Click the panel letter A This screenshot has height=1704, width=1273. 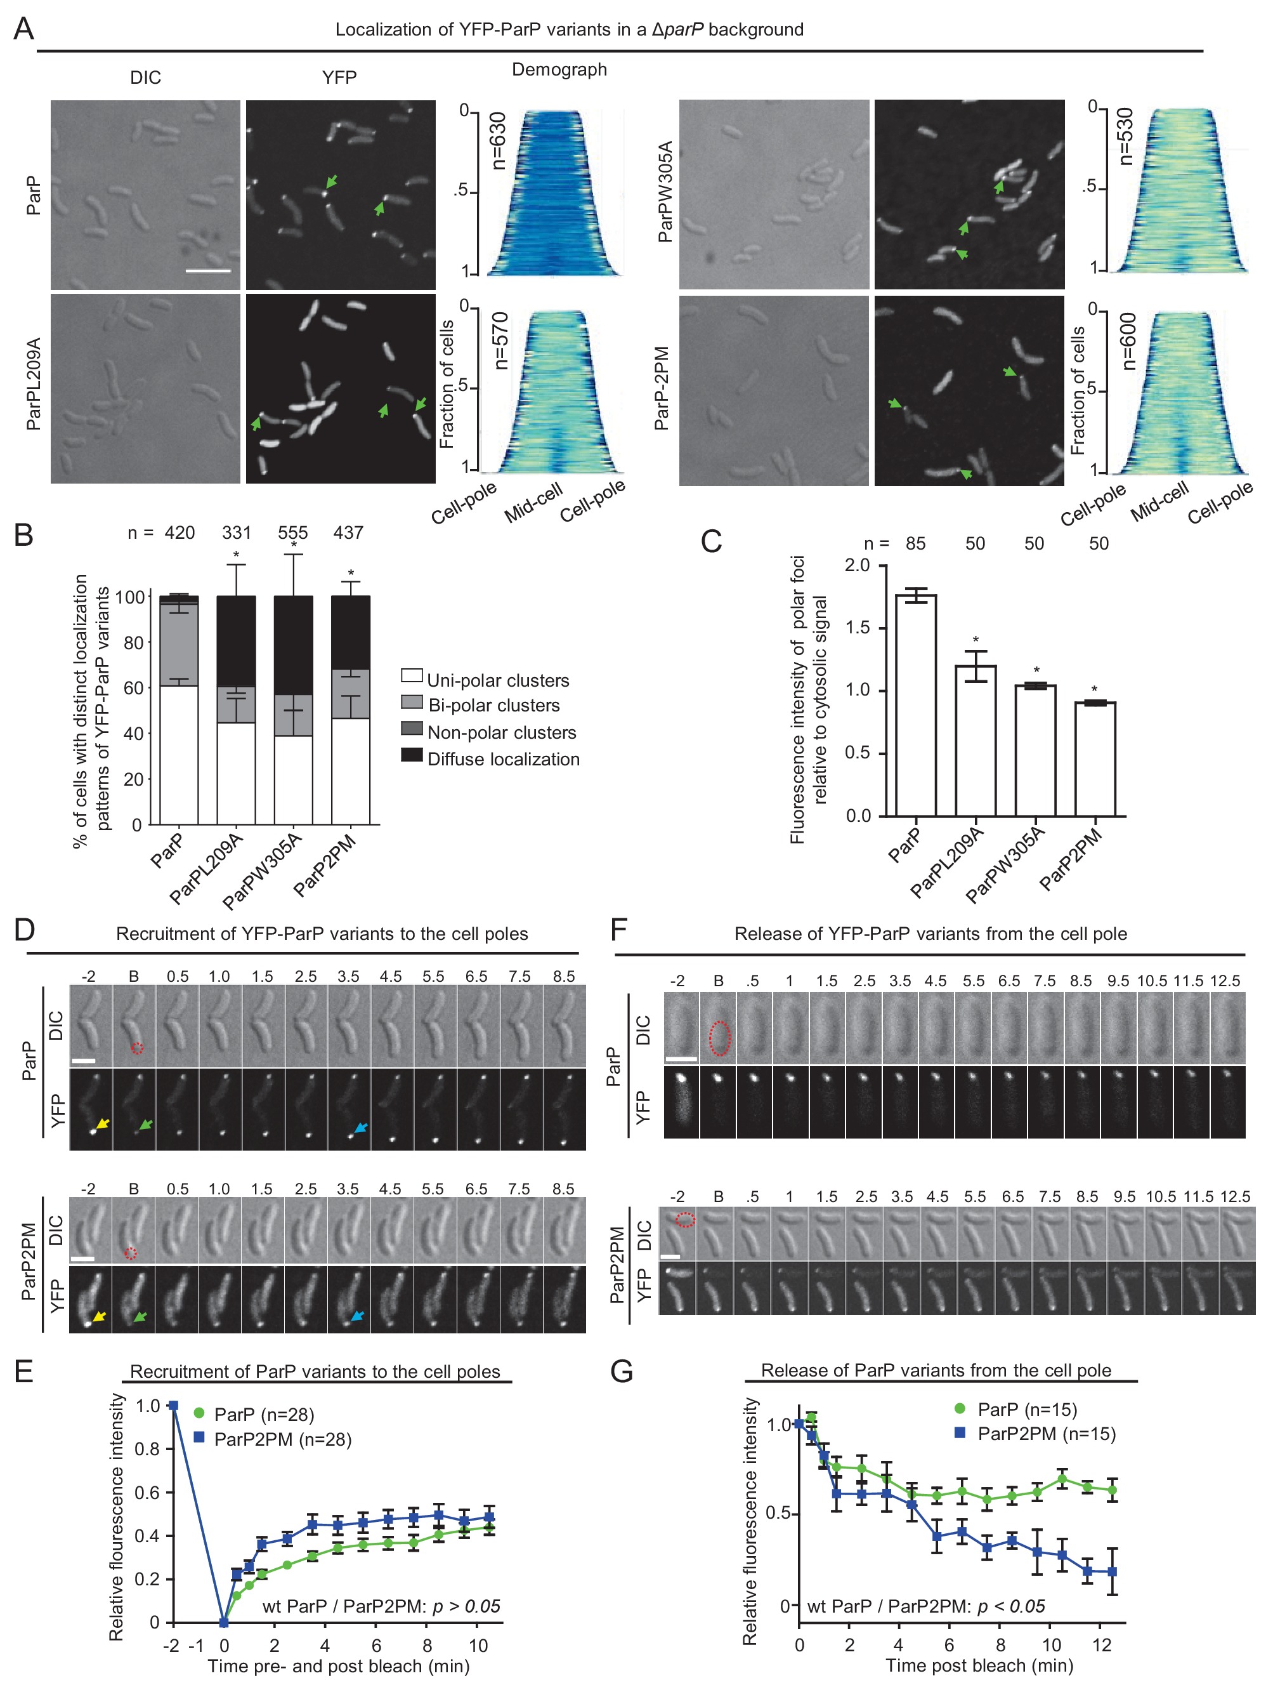(24, 30)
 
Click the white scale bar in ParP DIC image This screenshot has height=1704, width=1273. (208, 271)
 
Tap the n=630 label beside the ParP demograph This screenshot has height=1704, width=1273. (499, 140)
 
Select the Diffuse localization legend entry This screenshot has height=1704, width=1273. (502, 759)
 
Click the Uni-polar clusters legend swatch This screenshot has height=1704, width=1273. (411, 676)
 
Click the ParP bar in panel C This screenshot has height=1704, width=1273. (916, 705)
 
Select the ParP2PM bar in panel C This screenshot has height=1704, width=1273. (1094, 759)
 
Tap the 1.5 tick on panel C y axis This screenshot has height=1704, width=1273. (856, 628)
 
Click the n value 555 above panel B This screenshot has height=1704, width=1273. (292, 532)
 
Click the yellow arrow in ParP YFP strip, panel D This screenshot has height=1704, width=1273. (102, 1124)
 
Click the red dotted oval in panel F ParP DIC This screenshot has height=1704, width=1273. (719, 1038)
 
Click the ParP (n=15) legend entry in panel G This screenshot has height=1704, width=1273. (1026, 1409)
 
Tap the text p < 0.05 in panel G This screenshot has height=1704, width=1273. (1010, 1606)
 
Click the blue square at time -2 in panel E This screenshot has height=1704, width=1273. (173, 1406)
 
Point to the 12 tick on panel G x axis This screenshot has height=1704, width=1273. (1101, 1645)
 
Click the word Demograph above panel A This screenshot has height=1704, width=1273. (559, 69)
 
